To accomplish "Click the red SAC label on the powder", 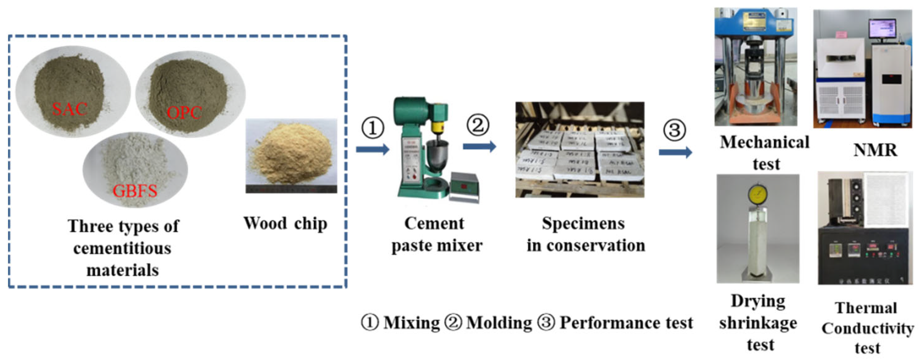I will tap(70, 109).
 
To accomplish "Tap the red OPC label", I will tap(184, 113).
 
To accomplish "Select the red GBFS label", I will tap(135, 191).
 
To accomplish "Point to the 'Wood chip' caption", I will tap(285, 223).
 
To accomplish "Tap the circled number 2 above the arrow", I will tap(478, 125).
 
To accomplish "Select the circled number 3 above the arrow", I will tap(674, 130).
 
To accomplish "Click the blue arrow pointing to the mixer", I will tap(372, 149).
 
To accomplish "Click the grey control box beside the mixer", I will tap(465, 186).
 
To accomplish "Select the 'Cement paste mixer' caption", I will tap(436, 235).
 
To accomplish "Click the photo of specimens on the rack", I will tap(579, 150).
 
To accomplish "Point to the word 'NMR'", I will tap(875, 150).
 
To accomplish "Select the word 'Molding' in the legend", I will tap(499, 323).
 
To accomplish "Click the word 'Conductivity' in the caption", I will tap(867, 328).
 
